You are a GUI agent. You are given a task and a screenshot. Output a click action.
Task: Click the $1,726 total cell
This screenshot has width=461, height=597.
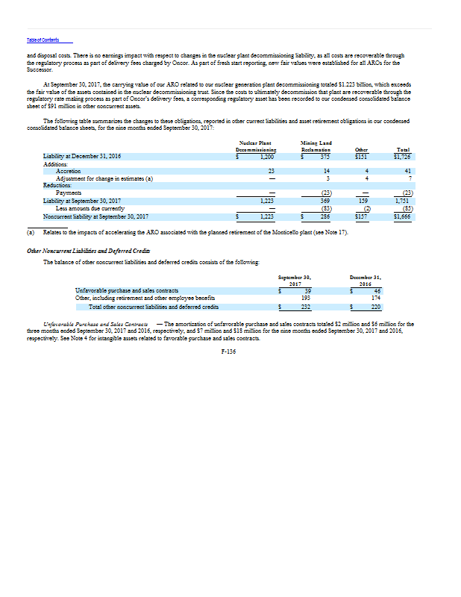[x=403, y=157]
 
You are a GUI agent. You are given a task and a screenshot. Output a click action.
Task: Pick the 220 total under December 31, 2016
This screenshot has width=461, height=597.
[x=375, y=306]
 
